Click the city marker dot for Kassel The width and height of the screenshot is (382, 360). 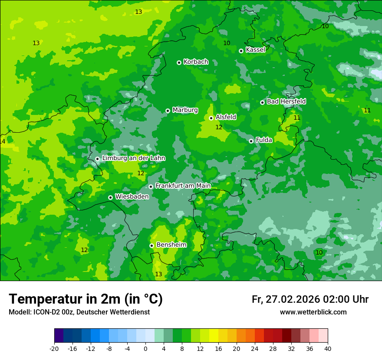tap(241, 51)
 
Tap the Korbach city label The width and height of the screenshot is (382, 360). tap(196, 62)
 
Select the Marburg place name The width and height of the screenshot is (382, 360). tap(185, 110)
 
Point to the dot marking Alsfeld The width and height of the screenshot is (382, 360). tap(211, 118)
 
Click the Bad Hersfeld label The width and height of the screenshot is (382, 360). tap(286, 101)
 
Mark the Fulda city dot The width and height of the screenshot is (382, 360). tap(251, 141)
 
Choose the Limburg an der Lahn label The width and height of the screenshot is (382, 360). tap(133, 158)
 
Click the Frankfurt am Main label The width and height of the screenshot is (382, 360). tap(183, 186)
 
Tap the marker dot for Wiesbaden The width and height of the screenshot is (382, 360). tap(110, 197)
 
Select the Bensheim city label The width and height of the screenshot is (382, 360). tap(171, 245)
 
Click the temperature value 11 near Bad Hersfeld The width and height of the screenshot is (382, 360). tap(297, 118)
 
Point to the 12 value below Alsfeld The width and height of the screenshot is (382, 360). tap(219, 127)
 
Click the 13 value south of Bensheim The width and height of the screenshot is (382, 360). tap(158, 274)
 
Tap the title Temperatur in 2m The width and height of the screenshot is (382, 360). tap(86, 299)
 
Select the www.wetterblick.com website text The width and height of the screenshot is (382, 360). tap(313, 312)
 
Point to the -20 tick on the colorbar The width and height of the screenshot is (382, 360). tap(54, 348)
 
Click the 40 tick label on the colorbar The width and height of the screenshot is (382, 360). tap(328, 348)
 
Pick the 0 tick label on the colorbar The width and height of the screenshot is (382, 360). tap(145, 348)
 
